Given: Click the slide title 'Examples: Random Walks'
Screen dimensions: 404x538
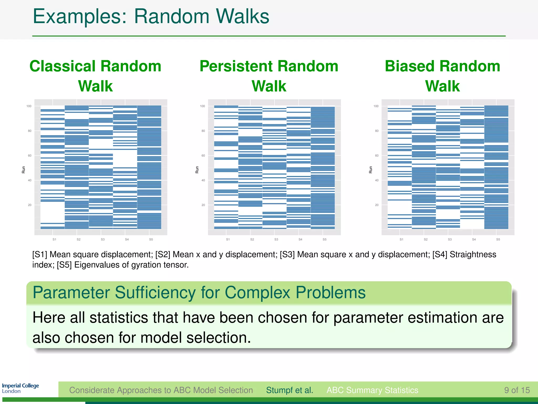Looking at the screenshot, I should pyautogui.click(x=151, y=16).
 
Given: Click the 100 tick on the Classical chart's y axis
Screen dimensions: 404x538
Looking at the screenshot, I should pyautogui.click(x=29, y=106).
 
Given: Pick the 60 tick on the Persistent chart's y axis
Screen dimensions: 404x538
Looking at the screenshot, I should pyautogui.click(x=203, y=156).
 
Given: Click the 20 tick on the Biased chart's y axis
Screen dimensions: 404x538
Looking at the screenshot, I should pyautogui.click(x=377, y=205).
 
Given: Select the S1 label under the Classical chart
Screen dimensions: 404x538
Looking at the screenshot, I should pyautogui.click(x=54, y=240).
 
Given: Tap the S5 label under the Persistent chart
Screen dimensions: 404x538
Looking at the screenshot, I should pyautogui.click(x=324, y=240).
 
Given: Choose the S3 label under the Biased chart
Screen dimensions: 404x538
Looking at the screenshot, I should pyautogui.click(x=450, y=240).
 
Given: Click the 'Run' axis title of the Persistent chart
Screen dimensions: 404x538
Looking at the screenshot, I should pyautogui.click(x=197, y=170).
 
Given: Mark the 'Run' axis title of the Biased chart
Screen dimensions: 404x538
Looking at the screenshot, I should pyautogui.click(x=371, y=170).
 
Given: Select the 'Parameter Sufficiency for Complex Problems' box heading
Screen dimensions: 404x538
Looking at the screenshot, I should pyautogui.click(x=199, y=292).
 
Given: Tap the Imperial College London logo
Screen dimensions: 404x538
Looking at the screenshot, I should pyautogui.click(x=20, y=388).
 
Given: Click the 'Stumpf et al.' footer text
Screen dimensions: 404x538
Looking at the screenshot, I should pyautogui.click(x=289, y=390).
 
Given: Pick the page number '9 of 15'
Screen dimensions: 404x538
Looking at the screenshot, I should pyautogui.click(x=517, y=390).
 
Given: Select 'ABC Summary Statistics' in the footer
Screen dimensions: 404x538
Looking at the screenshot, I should pyautogui.click(x=372, y=390).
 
